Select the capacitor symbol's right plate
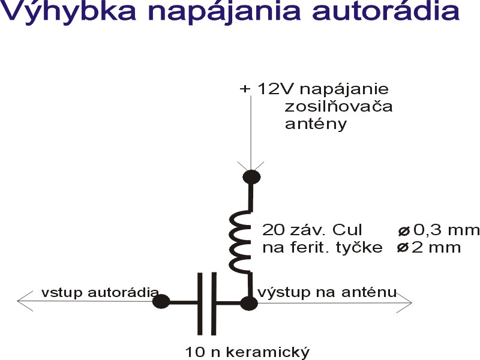point(213,303)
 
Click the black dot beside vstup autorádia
point(161,301)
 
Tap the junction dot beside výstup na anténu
point(248,303)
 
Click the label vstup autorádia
point(100,293)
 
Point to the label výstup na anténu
point(327,293)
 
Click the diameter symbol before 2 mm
point(404,247)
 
